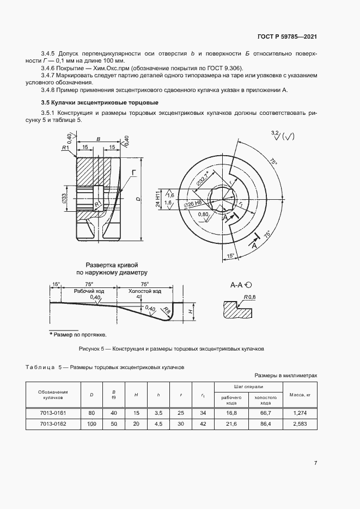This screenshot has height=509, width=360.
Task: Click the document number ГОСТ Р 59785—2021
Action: (287, 36)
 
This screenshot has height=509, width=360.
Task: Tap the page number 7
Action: (315, 463)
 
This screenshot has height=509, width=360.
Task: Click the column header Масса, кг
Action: (300, 395)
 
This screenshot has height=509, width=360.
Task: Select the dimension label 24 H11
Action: (157, 199)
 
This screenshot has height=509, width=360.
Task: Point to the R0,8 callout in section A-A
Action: (251, 297)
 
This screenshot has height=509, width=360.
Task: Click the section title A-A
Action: (237, 285)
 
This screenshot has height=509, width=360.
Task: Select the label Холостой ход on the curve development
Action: (143, 291)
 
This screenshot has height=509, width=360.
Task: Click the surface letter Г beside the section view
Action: (133, 172)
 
